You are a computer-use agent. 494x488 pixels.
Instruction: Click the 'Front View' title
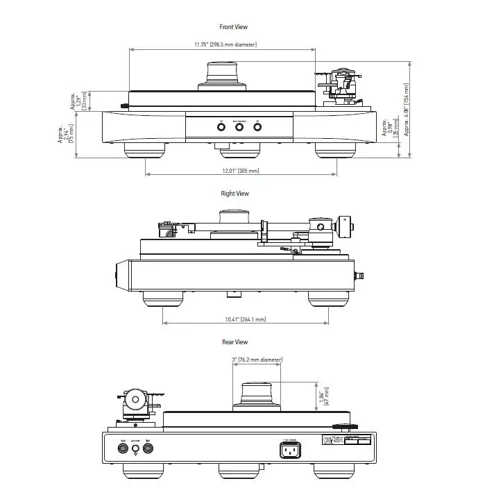(x=233, y=27)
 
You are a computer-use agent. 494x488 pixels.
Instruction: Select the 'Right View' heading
(x=235, y=194)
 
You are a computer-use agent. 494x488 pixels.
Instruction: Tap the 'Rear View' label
(x=235, y=342)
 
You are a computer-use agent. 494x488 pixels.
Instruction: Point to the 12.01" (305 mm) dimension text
(x=240, y=171)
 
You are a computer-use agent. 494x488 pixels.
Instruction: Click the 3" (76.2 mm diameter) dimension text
(x=257, y=360)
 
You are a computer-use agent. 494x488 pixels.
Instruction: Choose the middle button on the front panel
(x=239, y=128)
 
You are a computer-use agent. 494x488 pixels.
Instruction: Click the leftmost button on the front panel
(x=221, y=128)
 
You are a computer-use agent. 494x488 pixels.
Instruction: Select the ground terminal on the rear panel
(x=135, y=449)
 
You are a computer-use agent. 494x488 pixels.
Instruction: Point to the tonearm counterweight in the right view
(x=345, y=227)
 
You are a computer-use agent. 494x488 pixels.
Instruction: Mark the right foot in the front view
(x=330, y=150)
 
